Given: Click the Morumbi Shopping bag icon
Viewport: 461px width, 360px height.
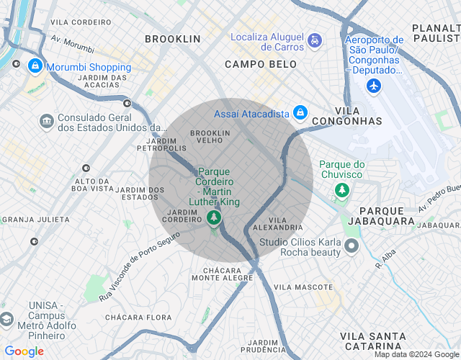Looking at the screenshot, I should tap(34, 66).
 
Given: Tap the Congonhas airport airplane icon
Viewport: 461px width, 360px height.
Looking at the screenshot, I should tap(373, 86).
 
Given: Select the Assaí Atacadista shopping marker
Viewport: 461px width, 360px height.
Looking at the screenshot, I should tap(300, 114).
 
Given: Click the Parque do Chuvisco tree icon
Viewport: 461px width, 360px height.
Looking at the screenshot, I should tap(342, 190).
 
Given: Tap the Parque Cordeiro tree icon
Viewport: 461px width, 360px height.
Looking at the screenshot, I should tap(213, 217).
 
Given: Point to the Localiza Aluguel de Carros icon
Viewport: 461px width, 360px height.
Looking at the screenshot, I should tap(314, 41).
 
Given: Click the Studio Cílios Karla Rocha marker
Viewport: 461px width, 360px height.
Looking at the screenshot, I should tap(352, 247).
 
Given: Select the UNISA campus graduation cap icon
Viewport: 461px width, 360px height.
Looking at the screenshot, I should tap(7, 319).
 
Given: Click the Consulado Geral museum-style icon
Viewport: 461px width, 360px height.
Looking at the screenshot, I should tap(46, 120).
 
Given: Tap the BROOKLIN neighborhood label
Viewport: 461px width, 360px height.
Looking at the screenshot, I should tap(172, 38).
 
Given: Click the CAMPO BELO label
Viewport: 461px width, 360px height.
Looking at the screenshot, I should tap(260, 64).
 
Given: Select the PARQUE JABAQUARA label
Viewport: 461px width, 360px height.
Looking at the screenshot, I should tap(386, 215).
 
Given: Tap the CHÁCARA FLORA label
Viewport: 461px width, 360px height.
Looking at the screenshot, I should tap(138, 317).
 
